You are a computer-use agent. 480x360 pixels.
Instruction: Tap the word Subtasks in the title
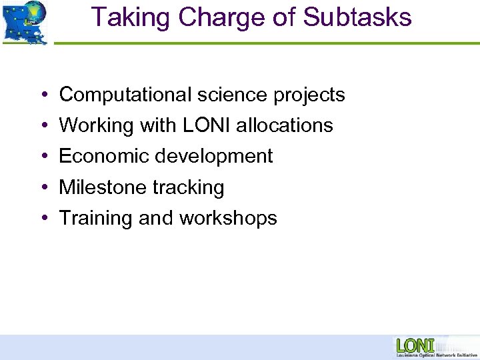pyautogui.click(x=357, y=18)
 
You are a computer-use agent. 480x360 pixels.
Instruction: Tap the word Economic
pyautogui.click(x=103, y=156)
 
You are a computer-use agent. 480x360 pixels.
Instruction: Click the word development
pyautogui.click(x=213, y=157)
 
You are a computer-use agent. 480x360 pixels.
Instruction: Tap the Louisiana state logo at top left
pyautogui.click(x=25, y=23)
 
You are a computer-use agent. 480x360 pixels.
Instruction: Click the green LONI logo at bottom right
pyautogui.click(x=415, y=345)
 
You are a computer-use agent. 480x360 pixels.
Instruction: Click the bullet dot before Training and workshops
pyautogui.click(x=42, y=219)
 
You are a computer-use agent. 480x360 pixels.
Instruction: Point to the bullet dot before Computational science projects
pyautogui.click(x=42, y=96)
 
